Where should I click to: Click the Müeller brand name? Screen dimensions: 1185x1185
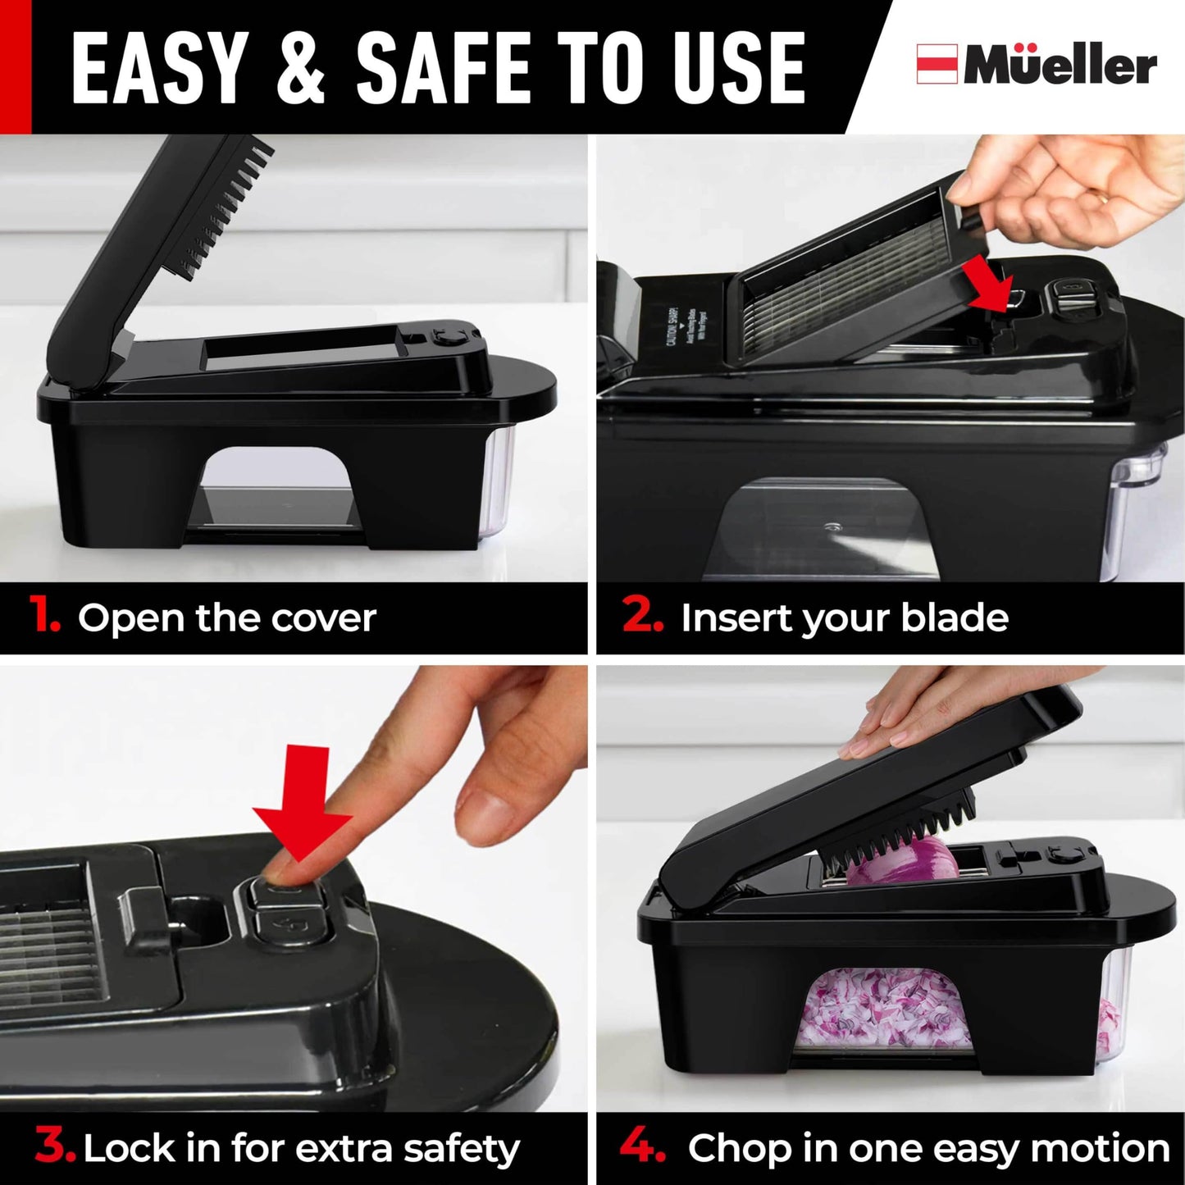point(1060,65)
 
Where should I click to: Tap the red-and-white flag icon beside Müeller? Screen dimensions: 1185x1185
point(937,64)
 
